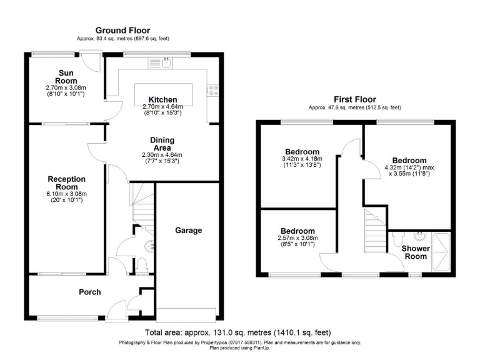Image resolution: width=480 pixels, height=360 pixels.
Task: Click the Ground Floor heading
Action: point(122,30)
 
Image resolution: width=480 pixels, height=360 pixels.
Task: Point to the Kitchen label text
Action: point(162,99)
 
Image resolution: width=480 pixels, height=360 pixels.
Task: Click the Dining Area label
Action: point(162,144)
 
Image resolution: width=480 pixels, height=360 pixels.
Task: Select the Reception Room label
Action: point(67,183)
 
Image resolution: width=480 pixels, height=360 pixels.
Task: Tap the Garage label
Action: point(188,231)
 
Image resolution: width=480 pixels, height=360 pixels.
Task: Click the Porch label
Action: point(89,292)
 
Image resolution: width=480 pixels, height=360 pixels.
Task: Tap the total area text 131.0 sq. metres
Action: point(238,332)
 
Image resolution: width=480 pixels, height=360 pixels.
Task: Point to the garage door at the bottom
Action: point(187,313)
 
